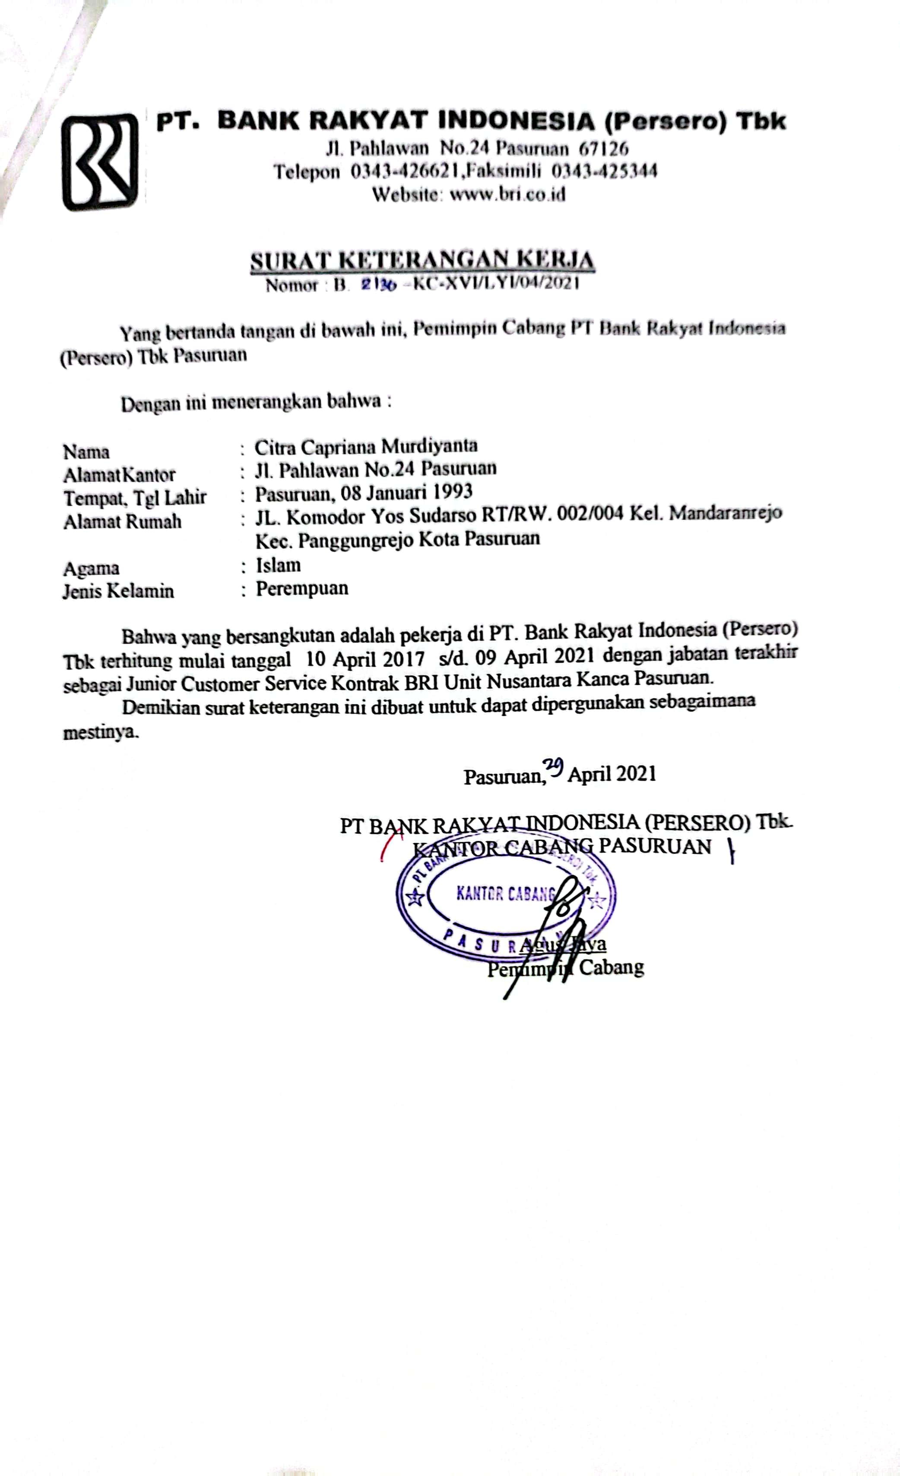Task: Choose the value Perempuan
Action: click(x=302, y=588)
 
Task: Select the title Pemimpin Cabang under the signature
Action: click(x=565, y=967)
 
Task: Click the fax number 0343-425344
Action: click(x=604, y=171)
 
